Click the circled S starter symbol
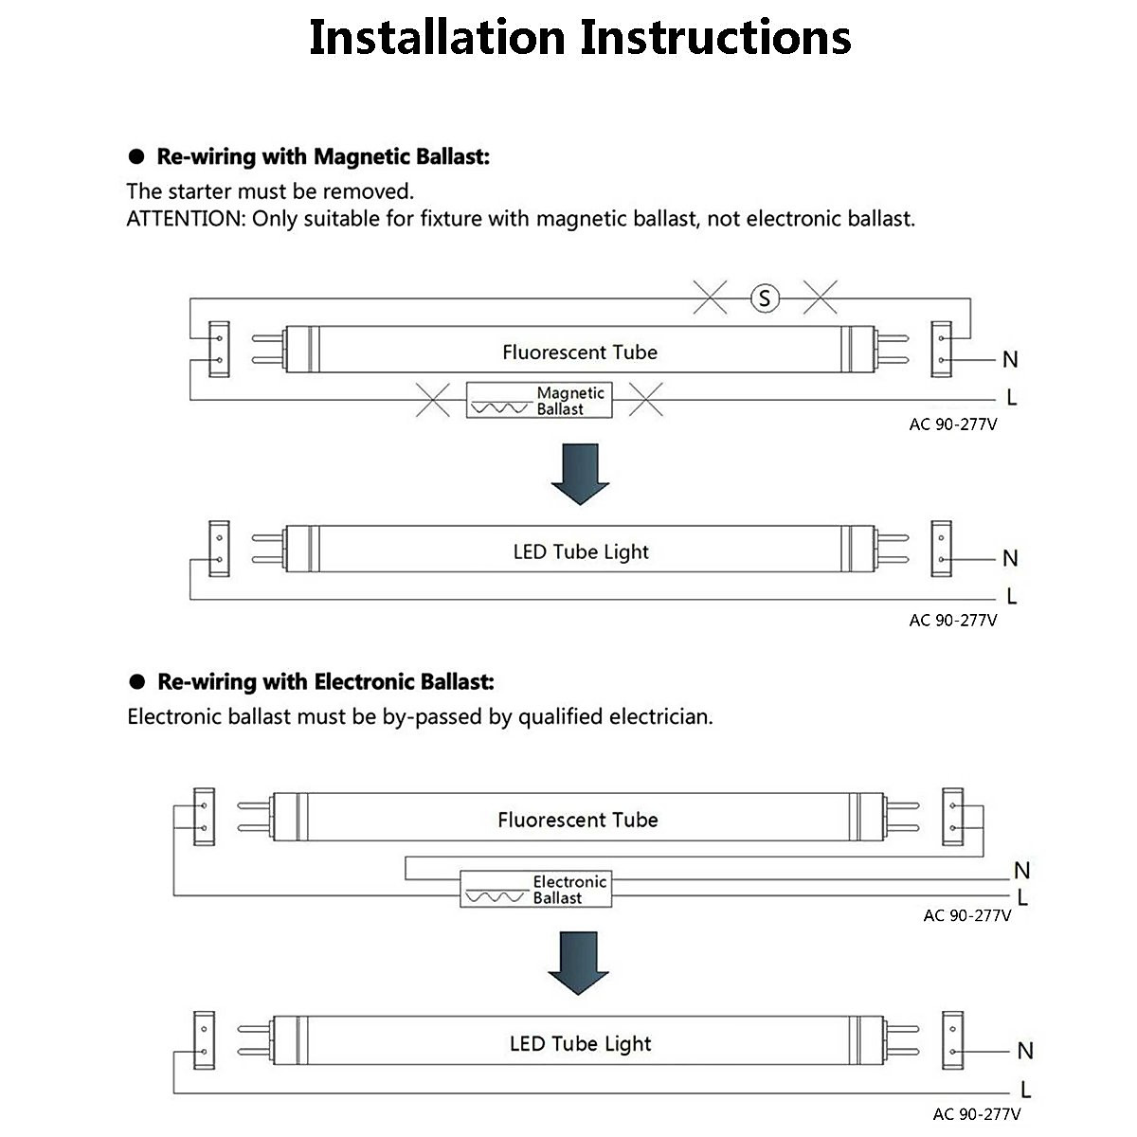pos(765,298)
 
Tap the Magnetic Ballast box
pos(539,401)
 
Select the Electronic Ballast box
pos(535,889)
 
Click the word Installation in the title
pos(437,38)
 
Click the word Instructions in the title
pos(715,38)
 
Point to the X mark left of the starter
pos(710,298)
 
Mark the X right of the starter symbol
pos(821,298)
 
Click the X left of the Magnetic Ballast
pos(432,400)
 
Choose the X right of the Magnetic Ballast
pos(645,400)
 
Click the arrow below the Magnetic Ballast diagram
pos(580,475)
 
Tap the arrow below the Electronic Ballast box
pos(578,963)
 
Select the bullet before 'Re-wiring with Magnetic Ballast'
pos(136,156)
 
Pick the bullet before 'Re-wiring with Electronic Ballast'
pos(136,681)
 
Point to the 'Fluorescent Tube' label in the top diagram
pos(580,352)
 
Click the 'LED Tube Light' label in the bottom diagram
pos(581,1044)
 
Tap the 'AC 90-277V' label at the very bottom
pos(977,1114)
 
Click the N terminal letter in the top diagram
pos(1010,359)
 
